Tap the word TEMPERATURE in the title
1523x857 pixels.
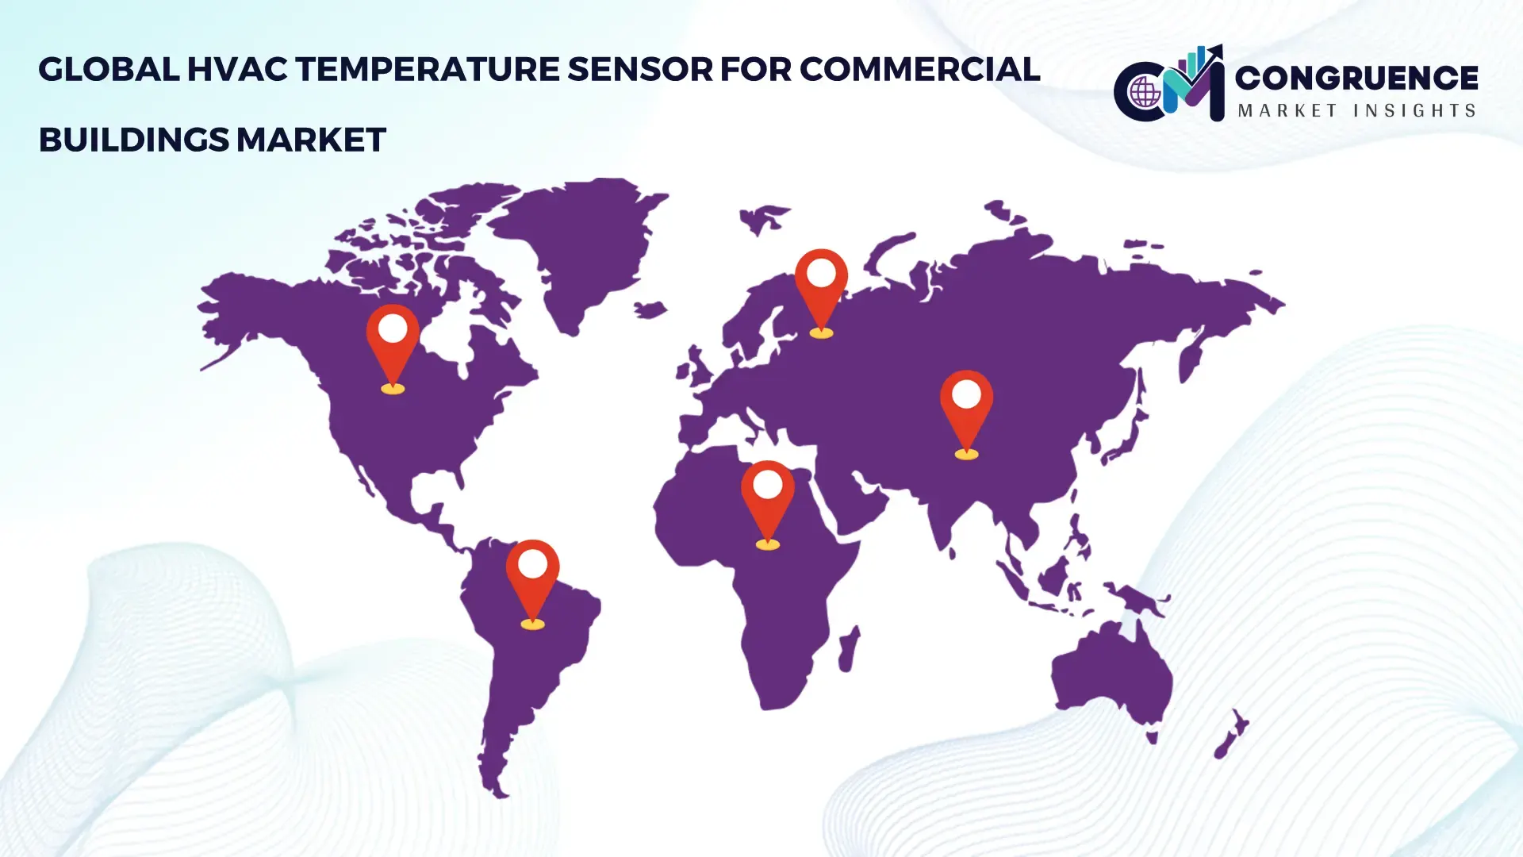428,70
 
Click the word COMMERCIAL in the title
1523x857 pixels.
919,70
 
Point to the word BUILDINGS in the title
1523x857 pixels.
133,140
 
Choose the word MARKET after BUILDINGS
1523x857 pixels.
311,140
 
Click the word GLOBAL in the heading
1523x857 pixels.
109,70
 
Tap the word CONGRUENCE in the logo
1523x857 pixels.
1356,78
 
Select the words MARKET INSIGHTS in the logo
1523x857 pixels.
1356,110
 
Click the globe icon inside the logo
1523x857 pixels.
1145,93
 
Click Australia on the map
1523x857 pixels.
1111,674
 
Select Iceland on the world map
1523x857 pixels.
650,309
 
